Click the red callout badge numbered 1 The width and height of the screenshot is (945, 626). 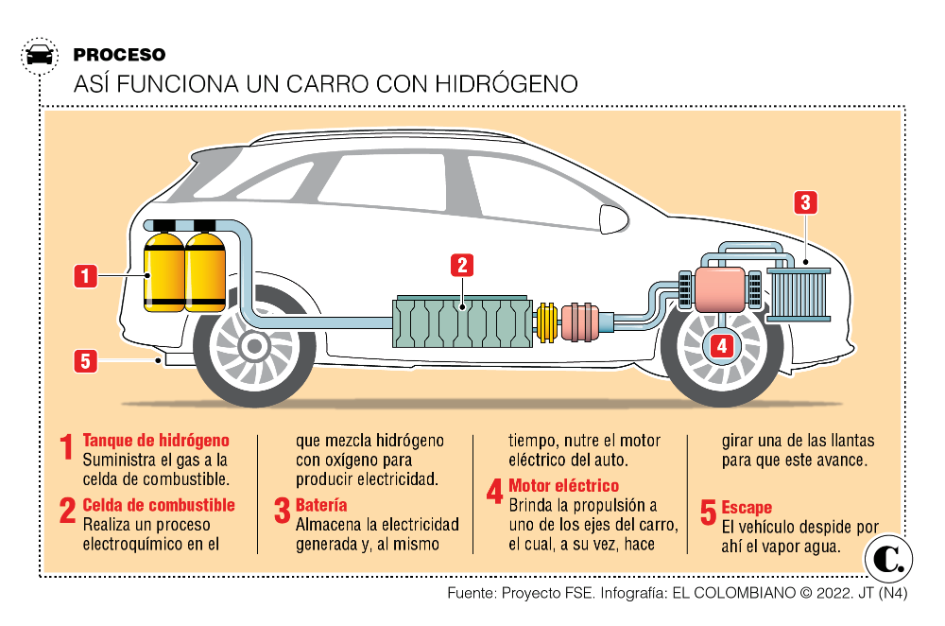[86, 276]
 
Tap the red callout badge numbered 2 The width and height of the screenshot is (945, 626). [461, 265]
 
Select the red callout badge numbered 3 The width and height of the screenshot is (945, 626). [804, 202]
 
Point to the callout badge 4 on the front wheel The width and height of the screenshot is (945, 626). [721, 346]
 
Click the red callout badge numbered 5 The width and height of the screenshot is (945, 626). [86, 360]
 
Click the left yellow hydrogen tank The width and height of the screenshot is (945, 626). [163, 270]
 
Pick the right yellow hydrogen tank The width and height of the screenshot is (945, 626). [205, 270]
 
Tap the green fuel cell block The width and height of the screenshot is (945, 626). [463, 323]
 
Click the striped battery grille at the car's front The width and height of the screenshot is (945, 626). [799, 293]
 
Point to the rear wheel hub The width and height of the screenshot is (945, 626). [253, 347]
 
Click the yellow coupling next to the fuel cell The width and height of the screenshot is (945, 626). [547, 322]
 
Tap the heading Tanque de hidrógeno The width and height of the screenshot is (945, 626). [156, 441]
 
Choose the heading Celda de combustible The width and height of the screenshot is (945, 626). [159, 505]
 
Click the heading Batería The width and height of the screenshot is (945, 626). [321, 505]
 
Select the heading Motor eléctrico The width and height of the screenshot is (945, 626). [563, 486]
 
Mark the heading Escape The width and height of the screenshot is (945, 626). [747, 508]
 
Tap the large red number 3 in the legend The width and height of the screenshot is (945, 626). [282, 512]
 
